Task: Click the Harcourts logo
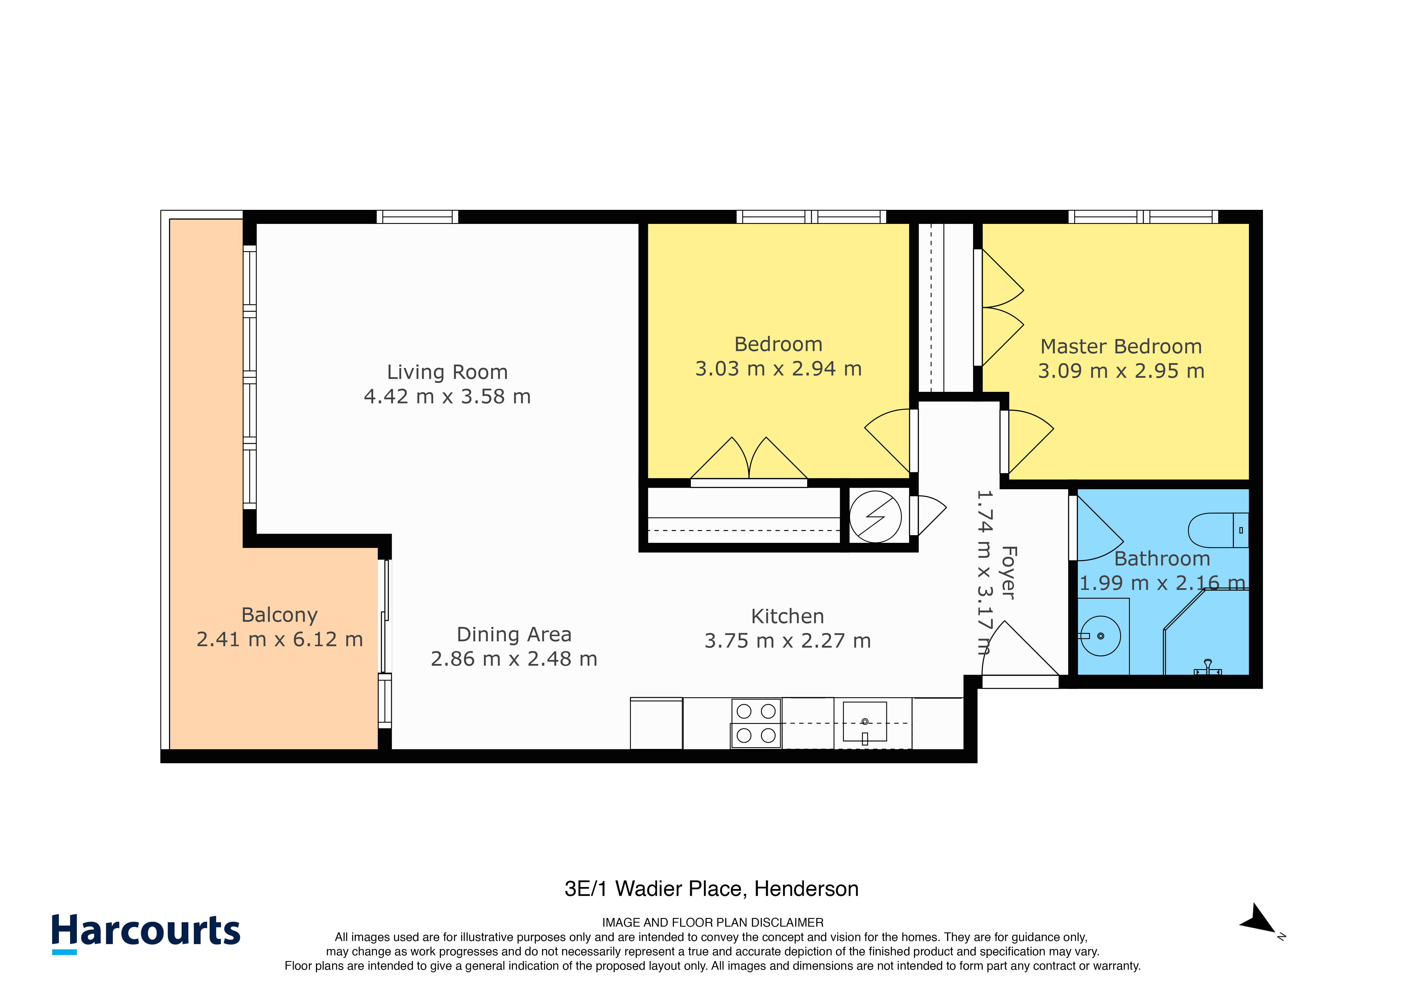tap(146, 932)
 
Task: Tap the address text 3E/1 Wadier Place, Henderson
tap(711, 888)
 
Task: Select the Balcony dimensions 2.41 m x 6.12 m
tap(279, 639)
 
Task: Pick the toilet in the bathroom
tap(1218, 530)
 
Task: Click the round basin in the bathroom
tap(1100, 636)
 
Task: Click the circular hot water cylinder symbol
tap(875, 516)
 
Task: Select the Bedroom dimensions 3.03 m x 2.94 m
tap(778, 369)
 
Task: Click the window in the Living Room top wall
tap(417, 216)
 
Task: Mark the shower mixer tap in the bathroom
tap(1207, 668)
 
